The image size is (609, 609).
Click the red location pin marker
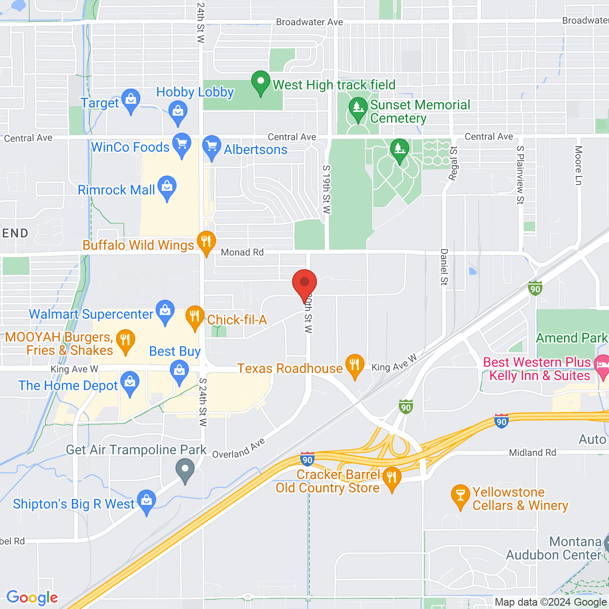pyautogui.click(x=304, y=283)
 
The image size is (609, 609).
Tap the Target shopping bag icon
pyautogui.click(x=130, y=100)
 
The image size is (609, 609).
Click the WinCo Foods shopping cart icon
pyautogui.click(x=182, y=144)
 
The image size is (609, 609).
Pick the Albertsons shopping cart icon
pyautogui.click(x=212, y=147)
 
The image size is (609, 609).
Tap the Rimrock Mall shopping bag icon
pyautogui.click(x=167, y=187)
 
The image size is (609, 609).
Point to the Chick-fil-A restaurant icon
pyautogui.click(x=195, y=317)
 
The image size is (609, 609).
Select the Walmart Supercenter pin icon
pyautogui.click(x=165, y=311)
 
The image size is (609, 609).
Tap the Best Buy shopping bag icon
pyautogui.click(x=179, y=371)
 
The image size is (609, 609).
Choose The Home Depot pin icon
pyautogui.click(x=130, y=383)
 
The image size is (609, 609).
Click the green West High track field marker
pyautogui.click(x=261, y=82)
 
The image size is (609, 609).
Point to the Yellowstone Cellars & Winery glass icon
pyautogui.click(x=460, y=496)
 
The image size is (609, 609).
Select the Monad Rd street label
pyautogui.click(x=242, y=253)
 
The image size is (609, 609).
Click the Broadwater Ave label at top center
pyautogui.click(x=309, y=22)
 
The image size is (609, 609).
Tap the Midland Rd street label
pyautogui.click(x=532, y=452)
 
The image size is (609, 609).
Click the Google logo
pyautogui.click(x=32, y=598)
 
